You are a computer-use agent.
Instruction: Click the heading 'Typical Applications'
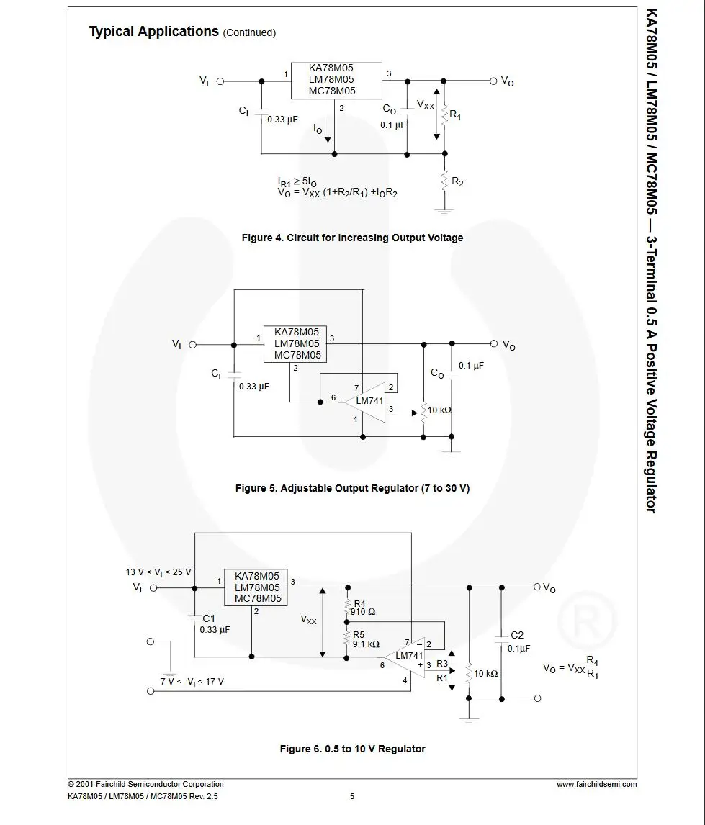coord(153,32)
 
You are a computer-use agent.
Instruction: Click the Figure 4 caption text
coord(353,238)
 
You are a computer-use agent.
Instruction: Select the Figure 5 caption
coord(353,488)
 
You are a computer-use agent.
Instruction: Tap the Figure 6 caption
coord(353,749)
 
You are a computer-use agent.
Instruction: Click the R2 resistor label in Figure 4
coord(457,182)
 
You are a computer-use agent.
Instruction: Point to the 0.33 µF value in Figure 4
coord(282,120)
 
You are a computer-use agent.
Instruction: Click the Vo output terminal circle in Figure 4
coord(493,81)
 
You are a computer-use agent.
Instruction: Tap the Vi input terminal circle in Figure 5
coord(192,345)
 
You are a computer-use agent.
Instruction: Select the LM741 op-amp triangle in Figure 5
coord(364,402)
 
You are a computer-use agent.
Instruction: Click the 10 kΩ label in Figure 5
coord(439,410)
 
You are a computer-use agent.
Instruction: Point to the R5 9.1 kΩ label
coord(366,639)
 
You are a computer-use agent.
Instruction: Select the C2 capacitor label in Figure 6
coord(517,635)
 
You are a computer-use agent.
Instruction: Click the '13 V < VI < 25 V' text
coord(158,572)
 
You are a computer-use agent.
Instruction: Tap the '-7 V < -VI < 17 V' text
coord(190,681)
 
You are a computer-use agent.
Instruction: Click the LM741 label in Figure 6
coord(409,656)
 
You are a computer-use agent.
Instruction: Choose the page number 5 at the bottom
coord(352,796)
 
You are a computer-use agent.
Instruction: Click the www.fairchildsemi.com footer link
coord(596,784)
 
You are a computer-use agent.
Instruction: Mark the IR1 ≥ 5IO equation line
coord(297,182)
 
